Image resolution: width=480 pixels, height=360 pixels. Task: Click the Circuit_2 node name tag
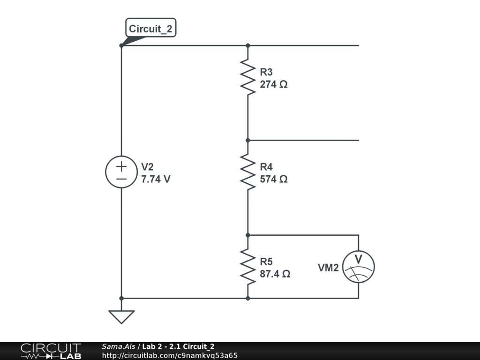click(x=150, y=29)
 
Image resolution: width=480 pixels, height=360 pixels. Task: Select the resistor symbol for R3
click(x=248, y=77)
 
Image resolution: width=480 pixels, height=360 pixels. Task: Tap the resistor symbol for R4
click(x=248, y=172)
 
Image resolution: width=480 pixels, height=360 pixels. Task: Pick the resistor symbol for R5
click(x=248, y=266)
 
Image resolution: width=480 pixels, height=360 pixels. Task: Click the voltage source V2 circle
click(x=121, y=172)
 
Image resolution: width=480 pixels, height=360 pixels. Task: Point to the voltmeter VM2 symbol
click(x=359, y=266)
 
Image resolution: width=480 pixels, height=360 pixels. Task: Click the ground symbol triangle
click(x=121, y=316)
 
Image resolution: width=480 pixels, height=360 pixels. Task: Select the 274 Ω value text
click(x=274, y=85)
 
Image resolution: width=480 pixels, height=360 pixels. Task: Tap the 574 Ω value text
click(x=274, y=180)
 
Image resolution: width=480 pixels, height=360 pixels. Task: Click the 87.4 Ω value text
click(x=275, y=274)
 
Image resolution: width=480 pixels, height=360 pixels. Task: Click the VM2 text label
click(x=328, y=268)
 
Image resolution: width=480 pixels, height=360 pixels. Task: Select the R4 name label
click(x=266, y=167)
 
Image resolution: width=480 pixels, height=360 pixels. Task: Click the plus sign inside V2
click(x=121, y=166)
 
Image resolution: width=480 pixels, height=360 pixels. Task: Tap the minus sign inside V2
click(x=121, y=179)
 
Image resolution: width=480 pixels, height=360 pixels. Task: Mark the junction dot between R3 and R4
click(x=248, y=140)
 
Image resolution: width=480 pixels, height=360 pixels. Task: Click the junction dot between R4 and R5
click(x=248, y=235)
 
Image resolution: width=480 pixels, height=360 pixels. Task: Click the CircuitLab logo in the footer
click(x=51, y=351)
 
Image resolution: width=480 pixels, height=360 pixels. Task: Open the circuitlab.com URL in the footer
click(x=170, y=355)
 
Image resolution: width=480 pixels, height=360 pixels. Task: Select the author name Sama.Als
click(x=118, y=346)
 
